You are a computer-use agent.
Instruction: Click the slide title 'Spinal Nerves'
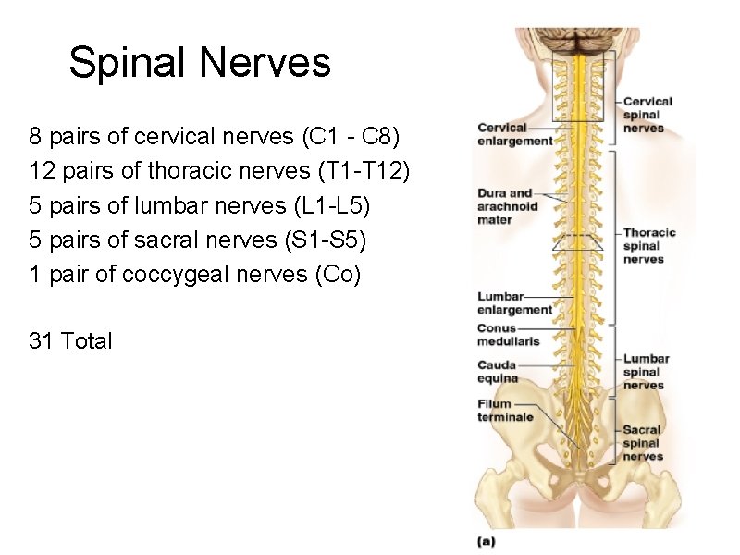(x=199, y=63)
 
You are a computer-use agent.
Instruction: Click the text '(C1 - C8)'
(x=351, y=138)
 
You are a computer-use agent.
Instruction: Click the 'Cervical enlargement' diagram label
(x=513, y=134)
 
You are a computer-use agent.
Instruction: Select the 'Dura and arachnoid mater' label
(x=507, y=207)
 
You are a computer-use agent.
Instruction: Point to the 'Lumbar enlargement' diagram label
(x=513, y=302)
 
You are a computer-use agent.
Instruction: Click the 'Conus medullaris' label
(x=508, y=335)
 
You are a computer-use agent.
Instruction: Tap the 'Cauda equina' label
(x=498, y=372)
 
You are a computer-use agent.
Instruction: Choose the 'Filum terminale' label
(x=505, y=411)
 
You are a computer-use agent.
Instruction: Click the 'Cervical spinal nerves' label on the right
(x=647, y=115)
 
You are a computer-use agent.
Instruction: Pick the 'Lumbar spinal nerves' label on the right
(x=646, y=372)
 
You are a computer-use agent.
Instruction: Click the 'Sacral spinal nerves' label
(x=642, y=443)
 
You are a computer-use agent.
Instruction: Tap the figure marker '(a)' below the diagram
(x=487, y=540)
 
